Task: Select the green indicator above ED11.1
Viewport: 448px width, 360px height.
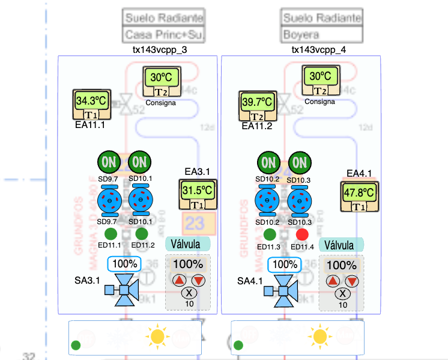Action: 110,234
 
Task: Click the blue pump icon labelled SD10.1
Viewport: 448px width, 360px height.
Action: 141,200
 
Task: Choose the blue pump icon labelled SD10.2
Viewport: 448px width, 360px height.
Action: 268,200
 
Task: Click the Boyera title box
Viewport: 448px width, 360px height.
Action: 322,34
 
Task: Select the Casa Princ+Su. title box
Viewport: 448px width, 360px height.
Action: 163,34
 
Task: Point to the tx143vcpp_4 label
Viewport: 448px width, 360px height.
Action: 319,50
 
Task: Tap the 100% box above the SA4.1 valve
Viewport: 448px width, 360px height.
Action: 285,264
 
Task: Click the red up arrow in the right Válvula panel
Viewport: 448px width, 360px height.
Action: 333,281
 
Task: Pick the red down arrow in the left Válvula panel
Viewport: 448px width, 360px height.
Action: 198,281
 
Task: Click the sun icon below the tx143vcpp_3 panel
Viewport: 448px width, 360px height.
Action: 158,337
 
